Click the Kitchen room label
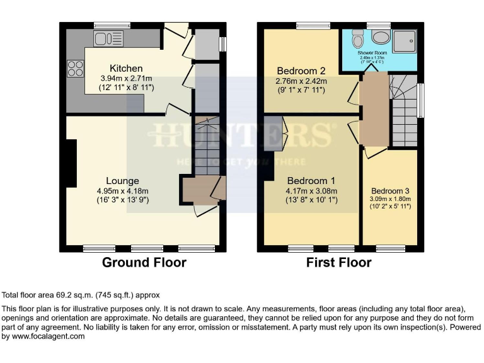(x=126, y=68)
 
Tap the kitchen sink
(x=108, y=39)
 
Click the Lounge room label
(x=122, y=181)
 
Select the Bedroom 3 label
(x=389, y=191)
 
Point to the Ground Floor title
(x=144, y=263)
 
